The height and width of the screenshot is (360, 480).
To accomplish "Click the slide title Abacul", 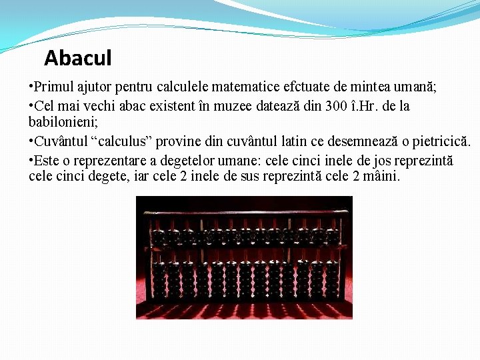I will (x=77, y=59).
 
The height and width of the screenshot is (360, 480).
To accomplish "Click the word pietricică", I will (x=441, y=141).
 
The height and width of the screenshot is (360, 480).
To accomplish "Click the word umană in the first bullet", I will (x=417, y=87).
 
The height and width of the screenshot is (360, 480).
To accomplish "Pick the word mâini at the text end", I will (x=380, y=177).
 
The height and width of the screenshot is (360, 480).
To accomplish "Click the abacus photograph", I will (x=244, y=257).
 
